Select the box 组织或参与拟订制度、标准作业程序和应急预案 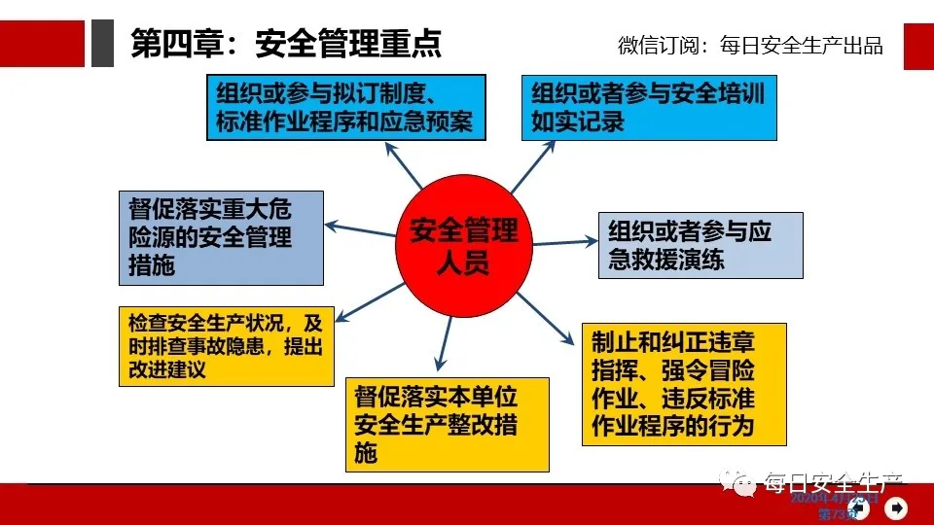345,107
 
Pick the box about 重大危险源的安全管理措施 221,237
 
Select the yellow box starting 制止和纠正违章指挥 681,384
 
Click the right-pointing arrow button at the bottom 896,507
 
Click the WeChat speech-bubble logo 742,482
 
